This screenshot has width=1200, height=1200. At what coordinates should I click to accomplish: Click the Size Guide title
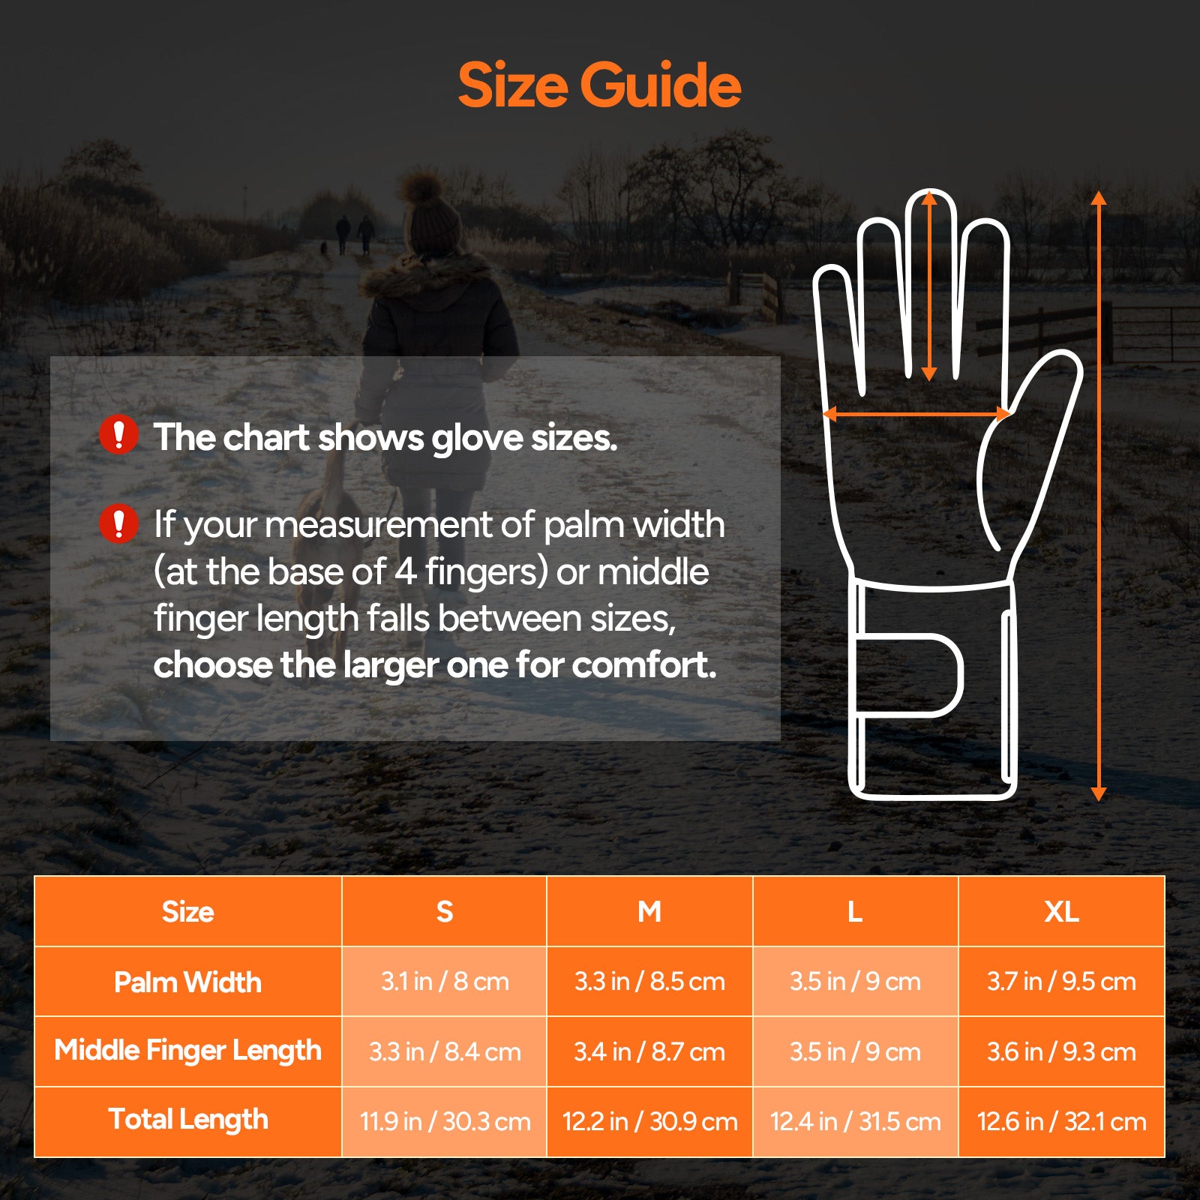point(599,85)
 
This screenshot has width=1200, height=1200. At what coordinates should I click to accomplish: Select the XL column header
point(1061,911)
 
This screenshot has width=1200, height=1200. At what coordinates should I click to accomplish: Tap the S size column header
point(445,911)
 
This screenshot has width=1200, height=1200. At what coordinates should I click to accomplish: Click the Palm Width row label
point(187,982)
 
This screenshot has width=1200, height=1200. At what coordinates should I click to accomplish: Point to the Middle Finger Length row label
point(187,1051)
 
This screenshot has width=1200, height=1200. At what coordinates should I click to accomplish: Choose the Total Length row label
point(187,1120)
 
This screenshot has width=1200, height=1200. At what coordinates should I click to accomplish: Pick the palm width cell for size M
point(649,982)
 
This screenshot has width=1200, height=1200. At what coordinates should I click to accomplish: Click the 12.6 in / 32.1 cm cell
point(1061,1121)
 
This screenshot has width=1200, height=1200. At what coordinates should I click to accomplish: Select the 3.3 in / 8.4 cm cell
point(445,1051)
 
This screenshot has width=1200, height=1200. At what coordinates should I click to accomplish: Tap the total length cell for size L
point(855,1121)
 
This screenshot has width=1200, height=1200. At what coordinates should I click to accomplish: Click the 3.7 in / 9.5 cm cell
point(1061,982)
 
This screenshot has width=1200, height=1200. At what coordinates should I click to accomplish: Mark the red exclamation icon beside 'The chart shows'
point(118,435)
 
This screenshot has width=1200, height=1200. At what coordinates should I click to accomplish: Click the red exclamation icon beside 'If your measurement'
point(118,523)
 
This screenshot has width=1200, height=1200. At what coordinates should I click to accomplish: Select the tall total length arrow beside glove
point(1099,495)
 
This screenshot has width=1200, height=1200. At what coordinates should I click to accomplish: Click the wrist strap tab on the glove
point(911,675)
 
